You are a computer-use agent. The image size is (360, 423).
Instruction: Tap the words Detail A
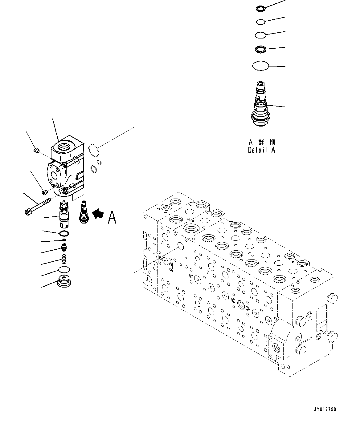coord(261,150)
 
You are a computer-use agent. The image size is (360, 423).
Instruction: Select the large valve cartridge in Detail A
coord(260,105)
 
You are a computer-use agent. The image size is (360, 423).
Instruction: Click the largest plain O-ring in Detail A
coord(260,66)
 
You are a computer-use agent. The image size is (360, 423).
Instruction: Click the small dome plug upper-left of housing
coord(36,150)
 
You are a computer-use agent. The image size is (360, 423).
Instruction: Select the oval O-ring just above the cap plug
coord(64,270)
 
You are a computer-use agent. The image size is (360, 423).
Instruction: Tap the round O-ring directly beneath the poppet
coord(64,233)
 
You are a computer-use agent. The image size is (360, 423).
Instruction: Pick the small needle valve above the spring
coord(64,247)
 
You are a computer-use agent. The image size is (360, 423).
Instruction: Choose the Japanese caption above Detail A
coord(261,142)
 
